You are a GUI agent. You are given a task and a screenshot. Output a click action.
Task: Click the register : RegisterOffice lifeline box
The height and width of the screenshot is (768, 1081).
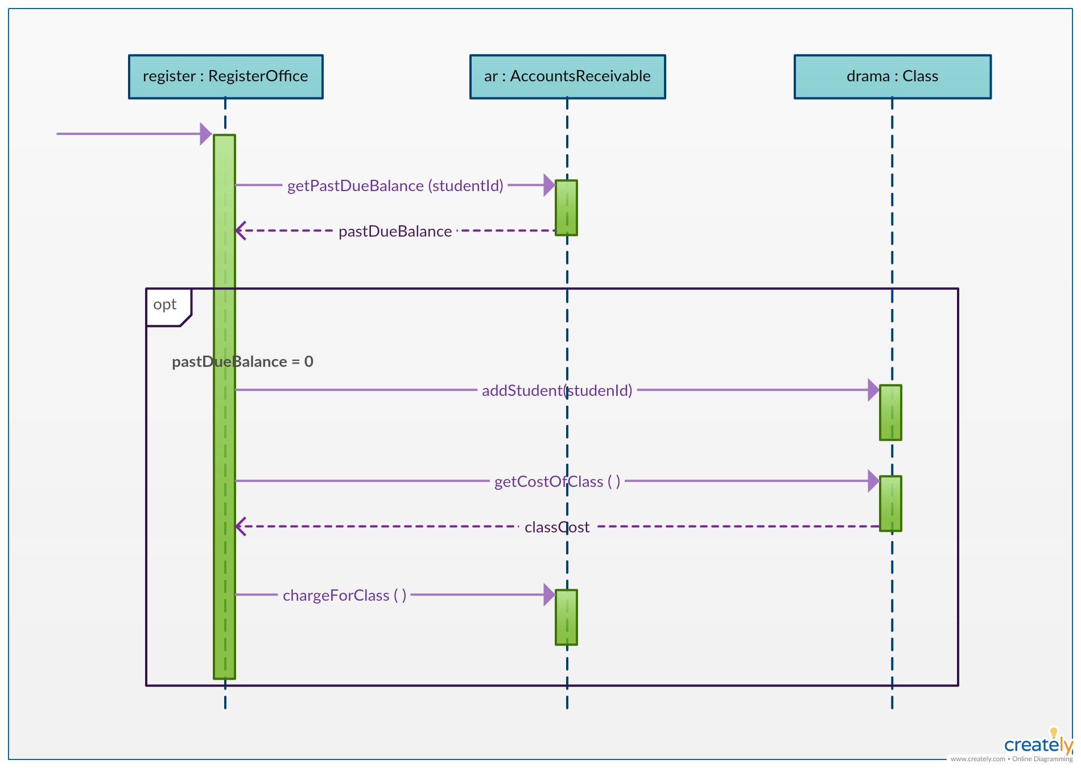tap(226, 77)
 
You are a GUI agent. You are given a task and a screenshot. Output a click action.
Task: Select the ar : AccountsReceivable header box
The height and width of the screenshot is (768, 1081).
tap(567, 77)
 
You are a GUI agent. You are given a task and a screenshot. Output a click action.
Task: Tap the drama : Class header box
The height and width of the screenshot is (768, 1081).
tap(893, 77)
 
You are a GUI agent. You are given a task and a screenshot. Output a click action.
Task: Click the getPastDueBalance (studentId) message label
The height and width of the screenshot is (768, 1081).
tap(395, 186)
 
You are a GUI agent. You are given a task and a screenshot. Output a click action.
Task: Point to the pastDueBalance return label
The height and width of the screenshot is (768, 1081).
tap(395, 232)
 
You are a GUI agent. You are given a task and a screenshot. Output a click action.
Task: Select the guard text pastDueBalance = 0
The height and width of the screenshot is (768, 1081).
tap(242, 362)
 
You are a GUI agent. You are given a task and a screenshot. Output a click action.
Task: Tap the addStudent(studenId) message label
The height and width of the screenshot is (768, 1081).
tap(557, 391)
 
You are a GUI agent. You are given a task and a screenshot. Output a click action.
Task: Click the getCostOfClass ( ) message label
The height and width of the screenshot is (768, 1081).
tap(557, 482)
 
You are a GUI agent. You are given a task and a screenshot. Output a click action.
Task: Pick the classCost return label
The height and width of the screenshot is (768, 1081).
tap(557, 527)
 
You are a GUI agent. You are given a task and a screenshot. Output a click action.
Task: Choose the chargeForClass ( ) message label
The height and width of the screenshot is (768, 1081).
tap(344, 596)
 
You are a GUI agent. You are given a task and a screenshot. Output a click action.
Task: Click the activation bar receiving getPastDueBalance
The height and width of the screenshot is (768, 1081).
tap(566, 208)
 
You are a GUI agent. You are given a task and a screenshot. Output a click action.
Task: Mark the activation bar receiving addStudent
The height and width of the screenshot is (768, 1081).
tap(890, 412)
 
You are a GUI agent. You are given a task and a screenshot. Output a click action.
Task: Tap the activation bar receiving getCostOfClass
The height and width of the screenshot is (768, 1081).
tap(890, 503)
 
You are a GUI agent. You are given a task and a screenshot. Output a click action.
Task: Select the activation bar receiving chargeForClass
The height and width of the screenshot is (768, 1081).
tap(566, 617)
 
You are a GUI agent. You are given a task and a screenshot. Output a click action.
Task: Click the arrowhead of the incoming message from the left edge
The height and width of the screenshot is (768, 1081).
tap(206, 134)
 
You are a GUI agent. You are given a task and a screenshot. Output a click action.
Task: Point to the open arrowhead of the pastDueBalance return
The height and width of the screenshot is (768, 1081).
tap(240, 231)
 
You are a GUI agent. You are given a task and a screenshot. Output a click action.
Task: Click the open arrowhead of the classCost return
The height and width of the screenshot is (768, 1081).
tap(240, 527)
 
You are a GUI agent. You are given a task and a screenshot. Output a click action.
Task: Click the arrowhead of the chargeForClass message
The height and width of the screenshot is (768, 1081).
tap(549, 595)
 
